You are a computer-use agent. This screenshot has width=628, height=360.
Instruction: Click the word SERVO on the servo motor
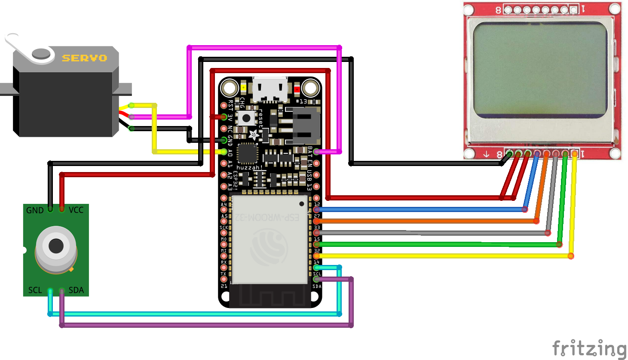(84, 58)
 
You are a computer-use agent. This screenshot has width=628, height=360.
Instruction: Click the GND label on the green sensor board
(35, 210)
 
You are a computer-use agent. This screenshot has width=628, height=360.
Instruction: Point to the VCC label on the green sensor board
(76, 210)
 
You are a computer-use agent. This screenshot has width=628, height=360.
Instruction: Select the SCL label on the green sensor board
(35, 290)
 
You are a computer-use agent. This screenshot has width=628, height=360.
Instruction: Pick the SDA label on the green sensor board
(76, 290)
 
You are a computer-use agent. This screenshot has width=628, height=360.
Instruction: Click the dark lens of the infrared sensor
(56, 246)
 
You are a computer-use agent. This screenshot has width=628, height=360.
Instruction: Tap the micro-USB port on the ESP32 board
(270, 90)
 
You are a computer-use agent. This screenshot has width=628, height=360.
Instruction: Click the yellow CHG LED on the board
(243, 88)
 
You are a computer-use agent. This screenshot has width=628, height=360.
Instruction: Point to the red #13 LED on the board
(297, 89)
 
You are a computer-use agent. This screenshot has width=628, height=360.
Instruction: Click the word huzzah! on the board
(249, 167)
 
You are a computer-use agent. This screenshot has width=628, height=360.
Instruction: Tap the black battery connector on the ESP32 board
(306, 125)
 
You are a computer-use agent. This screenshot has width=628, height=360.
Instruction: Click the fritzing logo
(589, 348)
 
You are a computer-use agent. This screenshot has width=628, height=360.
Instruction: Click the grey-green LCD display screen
(541, 70)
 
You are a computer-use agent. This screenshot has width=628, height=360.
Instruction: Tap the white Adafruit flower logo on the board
(254, 135)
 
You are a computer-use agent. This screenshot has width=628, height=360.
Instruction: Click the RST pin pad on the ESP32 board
(224, 105)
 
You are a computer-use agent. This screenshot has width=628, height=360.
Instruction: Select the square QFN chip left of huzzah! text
(247, 153)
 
